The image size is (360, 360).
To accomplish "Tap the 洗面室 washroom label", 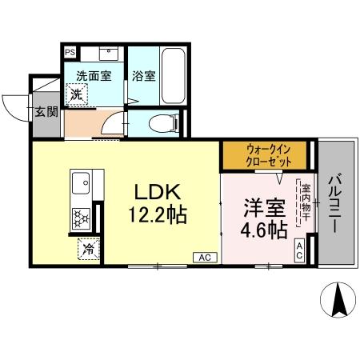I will click(x=94, y=75).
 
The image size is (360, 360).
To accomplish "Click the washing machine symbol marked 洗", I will click(x=76, y=95).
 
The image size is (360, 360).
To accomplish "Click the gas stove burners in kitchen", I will click(x=82, y=217).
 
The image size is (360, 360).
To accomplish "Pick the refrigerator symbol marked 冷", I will click(x=89, y=249).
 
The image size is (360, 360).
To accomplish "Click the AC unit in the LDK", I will click(x=204, y=256).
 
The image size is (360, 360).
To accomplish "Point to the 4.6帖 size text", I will click(x=263, y=230).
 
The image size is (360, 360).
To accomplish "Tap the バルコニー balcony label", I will click(x=334, y=204).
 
